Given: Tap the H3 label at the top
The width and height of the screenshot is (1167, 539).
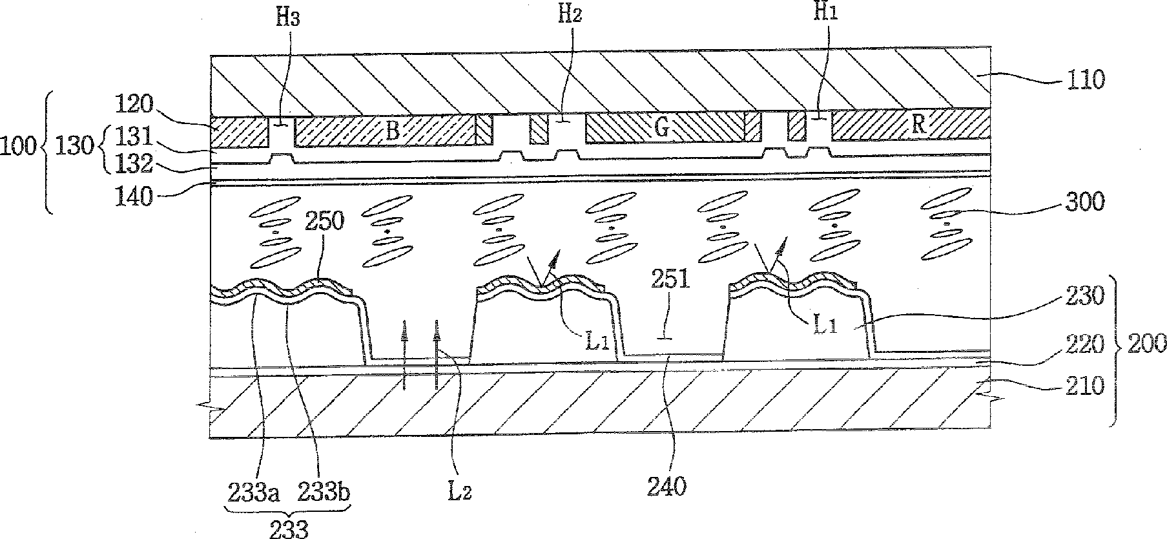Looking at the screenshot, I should pyautogui.click(x=288, y=17).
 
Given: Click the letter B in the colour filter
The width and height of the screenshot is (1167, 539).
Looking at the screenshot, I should pyautogui.click(x=392, y=130).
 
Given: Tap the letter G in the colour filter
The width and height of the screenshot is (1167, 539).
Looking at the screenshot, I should pyautogui.click(x=662, y=127).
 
